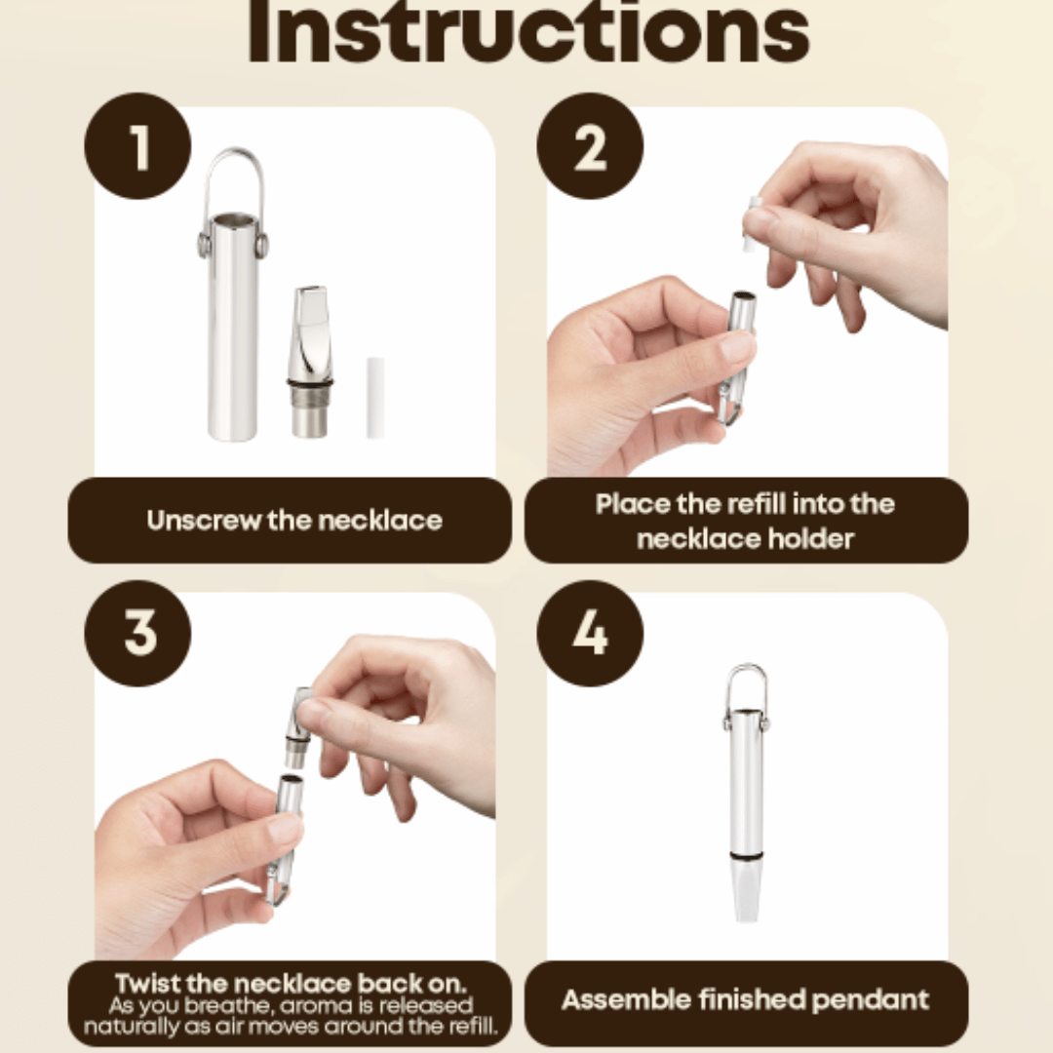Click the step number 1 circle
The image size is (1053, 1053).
coord(137,145)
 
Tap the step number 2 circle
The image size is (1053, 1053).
coord(590,145)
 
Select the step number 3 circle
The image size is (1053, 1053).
coord(137,633)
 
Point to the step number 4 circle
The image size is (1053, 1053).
coord(590,633)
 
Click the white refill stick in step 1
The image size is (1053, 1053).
coord(374,398)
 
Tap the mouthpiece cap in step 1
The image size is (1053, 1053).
coord(309,362)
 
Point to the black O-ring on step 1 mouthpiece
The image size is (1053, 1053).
coord(310,383)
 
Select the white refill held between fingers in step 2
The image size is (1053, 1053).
coord(753,224)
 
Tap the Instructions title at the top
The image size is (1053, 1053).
coord(528,31)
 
